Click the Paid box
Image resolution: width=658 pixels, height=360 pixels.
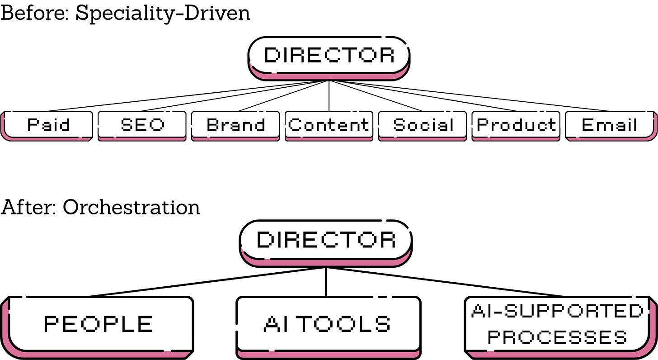click(48, 125)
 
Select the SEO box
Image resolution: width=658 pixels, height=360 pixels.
click(142, 125)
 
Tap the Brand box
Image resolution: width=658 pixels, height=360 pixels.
click(235, 125)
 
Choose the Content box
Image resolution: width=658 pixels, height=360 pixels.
click(329, 125)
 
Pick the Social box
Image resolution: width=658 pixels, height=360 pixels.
click(423, 125)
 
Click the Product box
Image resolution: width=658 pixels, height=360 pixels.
click(516, 125)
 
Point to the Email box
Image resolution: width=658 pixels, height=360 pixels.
click(610, 125)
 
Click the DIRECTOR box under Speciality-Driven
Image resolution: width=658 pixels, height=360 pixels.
click(329, 56)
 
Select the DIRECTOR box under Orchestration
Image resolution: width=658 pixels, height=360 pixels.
click(326, 240)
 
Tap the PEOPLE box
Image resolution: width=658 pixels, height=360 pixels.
click(99, 324)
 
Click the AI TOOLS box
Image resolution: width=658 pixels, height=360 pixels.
click(328, 324)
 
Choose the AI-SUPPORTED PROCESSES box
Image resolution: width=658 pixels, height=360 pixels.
click(558, 324)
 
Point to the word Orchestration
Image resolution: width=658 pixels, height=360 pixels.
click(131, 207)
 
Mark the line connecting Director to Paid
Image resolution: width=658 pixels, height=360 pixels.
click(181, 96)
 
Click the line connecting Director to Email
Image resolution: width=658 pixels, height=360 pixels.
click(475, 96)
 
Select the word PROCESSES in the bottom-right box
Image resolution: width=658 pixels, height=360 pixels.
click(557, 337)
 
